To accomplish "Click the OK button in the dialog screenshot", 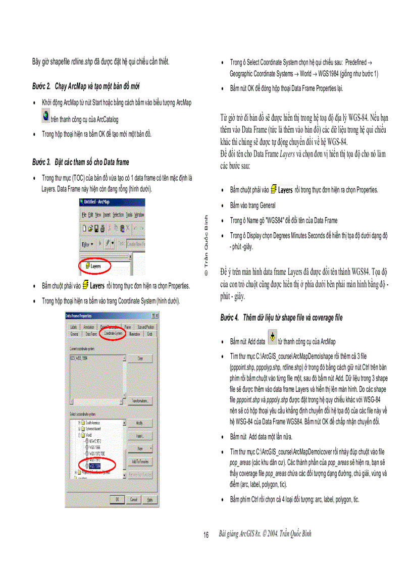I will coord(117,500).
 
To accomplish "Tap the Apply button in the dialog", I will coord(149,500).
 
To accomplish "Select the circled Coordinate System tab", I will coord(112,334).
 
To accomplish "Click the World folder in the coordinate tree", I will coord(88,434).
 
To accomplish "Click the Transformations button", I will coord(139,401).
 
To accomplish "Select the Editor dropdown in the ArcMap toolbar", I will coord(89,243).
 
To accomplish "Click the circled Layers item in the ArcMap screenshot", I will coord(95,265).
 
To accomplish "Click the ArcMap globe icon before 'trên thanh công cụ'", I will coord(45,117).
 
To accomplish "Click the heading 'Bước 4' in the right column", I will coord(281,318).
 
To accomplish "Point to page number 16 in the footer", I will coord(206,535).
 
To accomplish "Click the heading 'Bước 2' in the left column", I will coord(86,86).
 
